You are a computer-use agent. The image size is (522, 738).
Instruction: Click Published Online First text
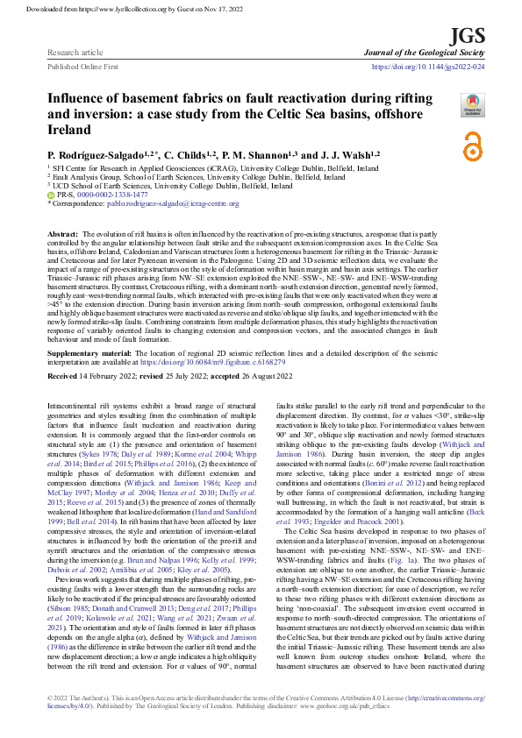pos(82,66)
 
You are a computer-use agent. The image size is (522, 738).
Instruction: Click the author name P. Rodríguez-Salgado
pos(88,153)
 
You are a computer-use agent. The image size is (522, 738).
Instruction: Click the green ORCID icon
pos(50,195)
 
